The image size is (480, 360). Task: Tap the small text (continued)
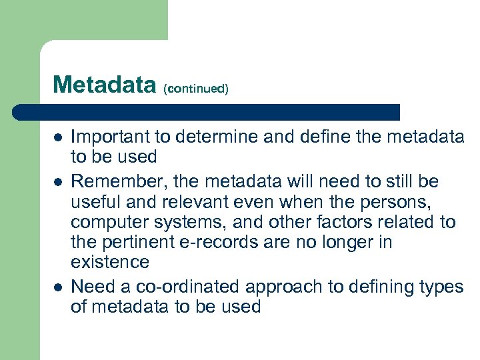196,89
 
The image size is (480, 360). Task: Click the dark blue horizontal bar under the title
207,112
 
